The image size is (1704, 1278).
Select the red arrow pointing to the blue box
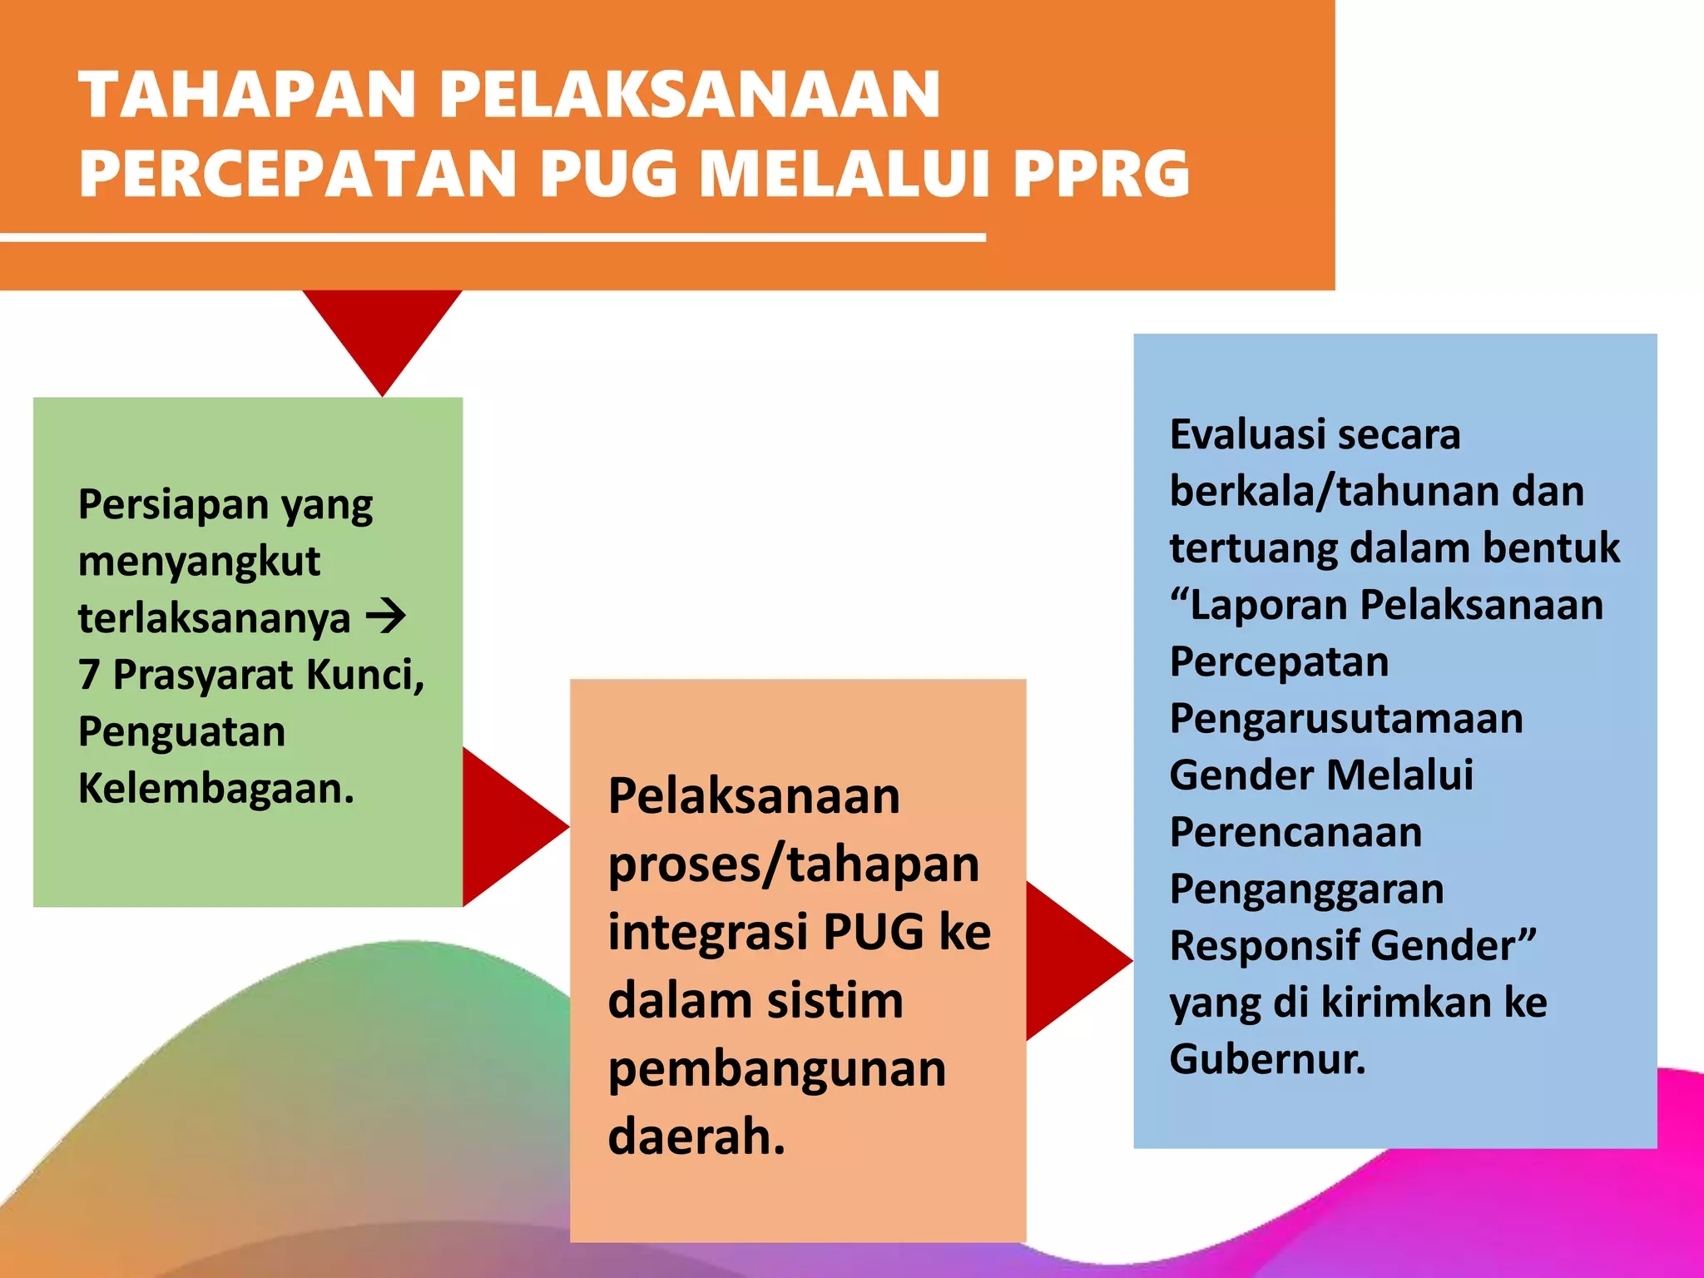[1073, 961]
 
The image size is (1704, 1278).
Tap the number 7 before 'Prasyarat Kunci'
[89, 675]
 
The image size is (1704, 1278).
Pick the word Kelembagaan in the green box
[215, 789]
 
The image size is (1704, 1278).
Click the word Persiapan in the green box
[173, 504]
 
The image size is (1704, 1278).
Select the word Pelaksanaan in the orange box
[754, 796]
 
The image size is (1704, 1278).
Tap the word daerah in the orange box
[696, 1137]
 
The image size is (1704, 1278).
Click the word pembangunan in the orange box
[777, 1069]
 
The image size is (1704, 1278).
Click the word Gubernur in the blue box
[1267, 1060]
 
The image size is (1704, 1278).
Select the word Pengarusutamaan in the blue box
[1346, 719]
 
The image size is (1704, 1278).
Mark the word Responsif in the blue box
[1263, 946]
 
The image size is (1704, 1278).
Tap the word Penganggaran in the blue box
[1306, 889]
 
